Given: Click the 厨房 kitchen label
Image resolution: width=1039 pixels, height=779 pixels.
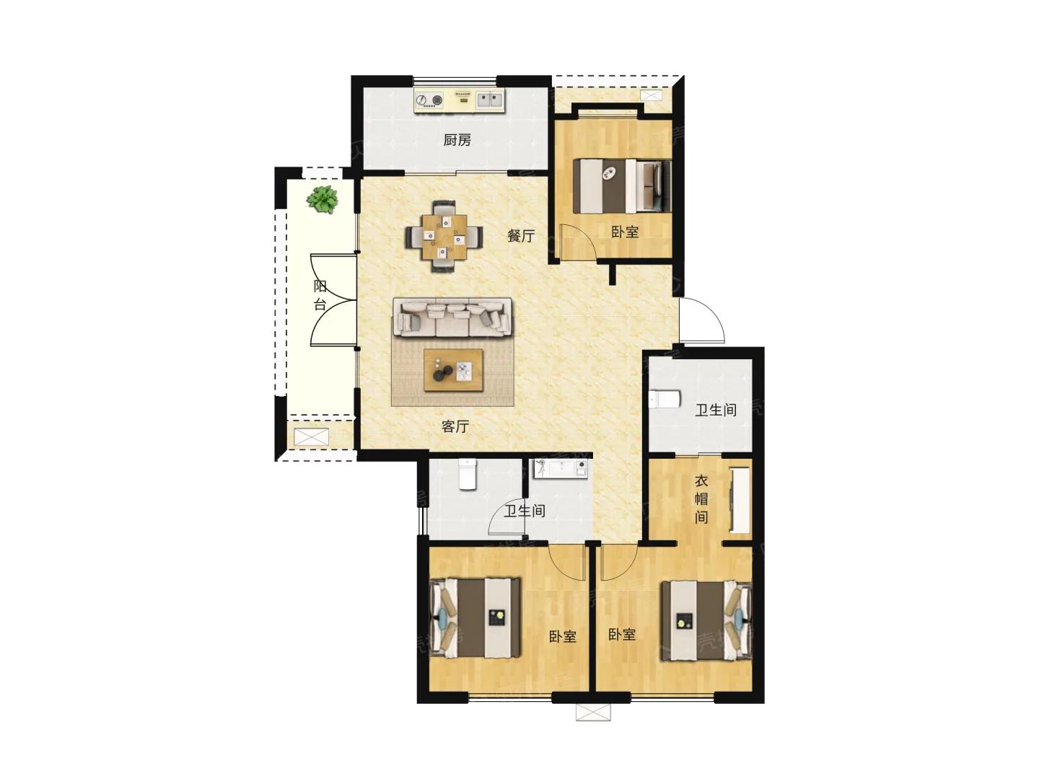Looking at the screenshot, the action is (x=457, y=140).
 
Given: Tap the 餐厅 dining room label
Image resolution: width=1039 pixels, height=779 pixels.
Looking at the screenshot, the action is (x=521, y=236).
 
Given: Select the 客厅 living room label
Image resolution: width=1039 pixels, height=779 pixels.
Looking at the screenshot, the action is (x=455, y=426).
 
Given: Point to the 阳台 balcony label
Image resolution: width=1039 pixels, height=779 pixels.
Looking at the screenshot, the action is (x=320, y=295).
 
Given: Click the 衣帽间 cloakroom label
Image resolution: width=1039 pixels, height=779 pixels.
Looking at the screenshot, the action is (x=701, y=499).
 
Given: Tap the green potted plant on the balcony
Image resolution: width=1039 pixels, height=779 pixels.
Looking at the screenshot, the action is (x=323, y=200).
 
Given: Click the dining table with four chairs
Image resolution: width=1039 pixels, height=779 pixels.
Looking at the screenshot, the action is (x=444, y=237).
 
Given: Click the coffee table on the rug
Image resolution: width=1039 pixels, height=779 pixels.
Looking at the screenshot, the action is (x=453, y=370).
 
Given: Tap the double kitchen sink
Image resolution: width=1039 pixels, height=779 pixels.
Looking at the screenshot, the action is (x=489, y=100).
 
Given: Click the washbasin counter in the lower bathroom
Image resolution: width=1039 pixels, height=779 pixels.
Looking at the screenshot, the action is (x=561, y=468).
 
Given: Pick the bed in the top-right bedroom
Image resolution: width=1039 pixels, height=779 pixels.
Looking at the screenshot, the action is (x=622, y=186).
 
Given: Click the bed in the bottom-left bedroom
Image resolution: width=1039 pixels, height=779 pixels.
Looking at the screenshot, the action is (x=475, y=617).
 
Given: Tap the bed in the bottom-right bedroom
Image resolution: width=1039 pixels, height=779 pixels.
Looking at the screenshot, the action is (x=706, y=620).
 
